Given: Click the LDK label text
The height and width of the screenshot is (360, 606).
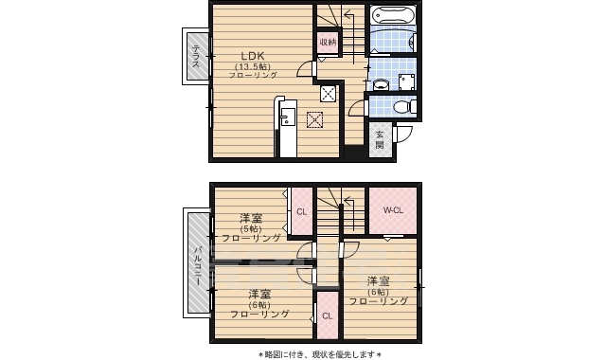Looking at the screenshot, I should click(251, 54).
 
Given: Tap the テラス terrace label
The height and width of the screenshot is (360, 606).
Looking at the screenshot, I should click(195, 56).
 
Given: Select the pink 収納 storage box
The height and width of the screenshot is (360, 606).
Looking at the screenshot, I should click(327, 44).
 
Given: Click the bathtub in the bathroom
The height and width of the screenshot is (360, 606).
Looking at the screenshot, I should click(390, 16).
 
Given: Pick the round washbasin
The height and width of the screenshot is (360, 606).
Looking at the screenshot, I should click(381, 83).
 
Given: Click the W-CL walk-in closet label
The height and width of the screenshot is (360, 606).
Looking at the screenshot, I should click(394, 210).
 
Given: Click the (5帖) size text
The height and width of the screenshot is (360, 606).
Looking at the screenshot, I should click(251, 228).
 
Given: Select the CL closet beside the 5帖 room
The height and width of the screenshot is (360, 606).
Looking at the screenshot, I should click(301, 212).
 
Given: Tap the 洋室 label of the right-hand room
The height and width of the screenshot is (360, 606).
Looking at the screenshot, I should click(379, 280).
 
